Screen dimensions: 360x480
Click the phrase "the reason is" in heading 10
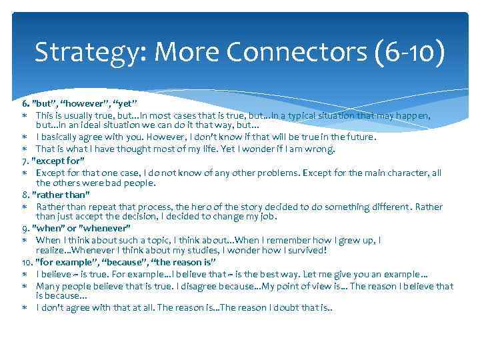coord(175,263)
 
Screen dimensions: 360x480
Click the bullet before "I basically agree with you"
coord(24,138)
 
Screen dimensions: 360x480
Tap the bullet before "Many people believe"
coord(24,286)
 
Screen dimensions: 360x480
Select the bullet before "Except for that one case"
coord(24,173)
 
